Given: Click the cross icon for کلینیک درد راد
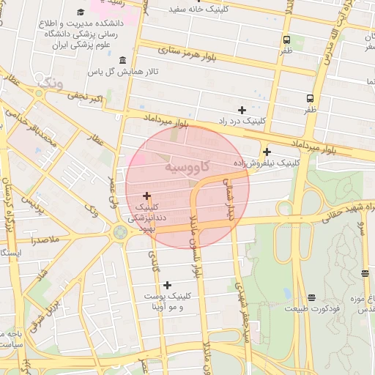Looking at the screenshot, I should [242, 110].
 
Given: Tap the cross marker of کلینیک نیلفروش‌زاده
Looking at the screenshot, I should [267, 152].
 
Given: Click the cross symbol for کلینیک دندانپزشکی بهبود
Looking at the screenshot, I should [147, 196].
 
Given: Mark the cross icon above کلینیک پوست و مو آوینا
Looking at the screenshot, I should [168, 285].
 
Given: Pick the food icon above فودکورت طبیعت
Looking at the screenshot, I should [312, 297].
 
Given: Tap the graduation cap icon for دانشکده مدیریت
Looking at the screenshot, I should [80, 12].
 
